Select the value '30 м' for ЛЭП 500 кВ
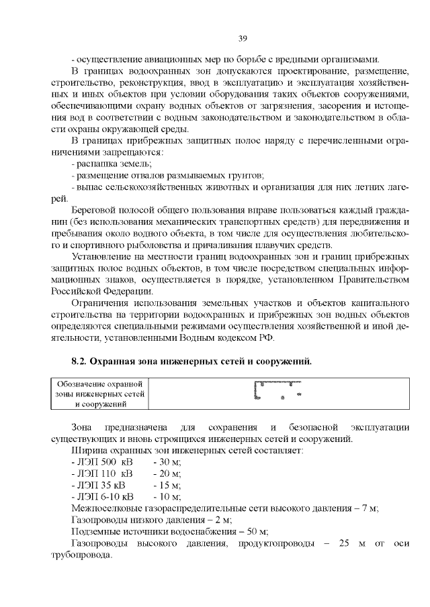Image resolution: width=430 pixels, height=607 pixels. tap(163, 463)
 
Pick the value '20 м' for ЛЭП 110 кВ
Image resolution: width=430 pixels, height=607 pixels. tap(163, 474)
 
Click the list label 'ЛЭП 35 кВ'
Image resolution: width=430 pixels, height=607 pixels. tap(99, 486)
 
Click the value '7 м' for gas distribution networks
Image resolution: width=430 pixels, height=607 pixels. tap(370, 508)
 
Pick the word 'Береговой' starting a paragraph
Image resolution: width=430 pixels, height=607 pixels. tap(93, 211)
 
